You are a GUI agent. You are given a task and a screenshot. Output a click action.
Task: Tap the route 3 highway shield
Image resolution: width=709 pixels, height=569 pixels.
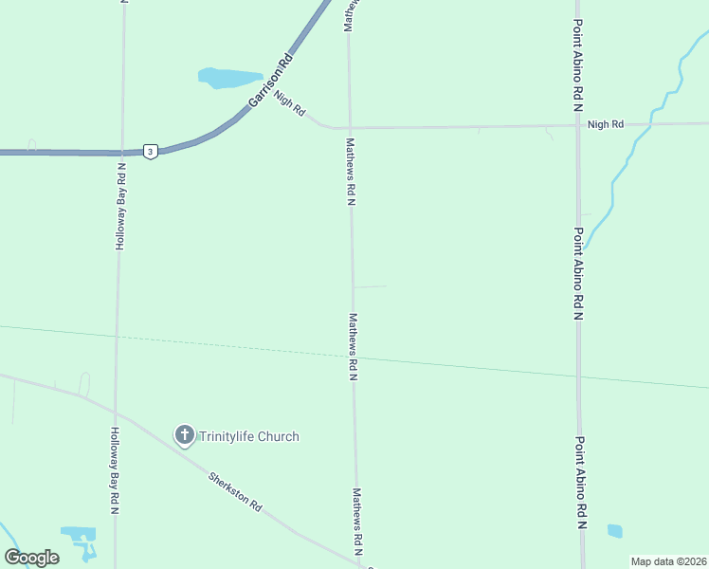150,152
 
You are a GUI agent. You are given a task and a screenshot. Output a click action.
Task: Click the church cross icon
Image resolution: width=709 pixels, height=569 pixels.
184,436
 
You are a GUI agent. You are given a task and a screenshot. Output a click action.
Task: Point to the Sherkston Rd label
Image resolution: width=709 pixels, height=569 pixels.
235,491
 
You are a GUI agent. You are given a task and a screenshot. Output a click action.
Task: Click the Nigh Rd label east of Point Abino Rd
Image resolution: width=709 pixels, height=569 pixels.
606,124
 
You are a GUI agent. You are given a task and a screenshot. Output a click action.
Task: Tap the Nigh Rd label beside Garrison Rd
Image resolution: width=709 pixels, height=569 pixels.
290,103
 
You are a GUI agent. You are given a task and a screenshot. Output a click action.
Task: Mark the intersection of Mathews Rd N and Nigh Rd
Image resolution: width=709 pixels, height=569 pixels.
350,127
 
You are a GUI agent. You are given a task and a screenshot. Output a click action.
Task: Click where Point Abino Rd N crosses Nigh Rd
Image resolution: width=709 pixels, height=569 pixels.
578,124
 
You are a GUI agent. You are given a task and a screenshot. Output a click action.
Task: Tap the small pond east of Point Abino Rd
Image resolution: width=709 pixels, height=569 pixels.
615,531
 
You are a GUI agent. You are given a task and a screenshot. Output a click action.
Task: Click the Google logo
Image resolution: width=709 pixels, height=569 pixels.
31,558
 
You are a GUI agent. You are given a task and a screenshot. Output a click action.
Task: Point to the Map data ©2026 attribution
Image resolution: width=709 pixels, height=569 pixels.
668,561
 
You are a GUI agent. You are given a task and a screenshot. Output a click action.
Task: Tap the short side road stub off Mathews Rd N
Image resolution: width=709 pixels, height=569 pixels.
370,286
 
